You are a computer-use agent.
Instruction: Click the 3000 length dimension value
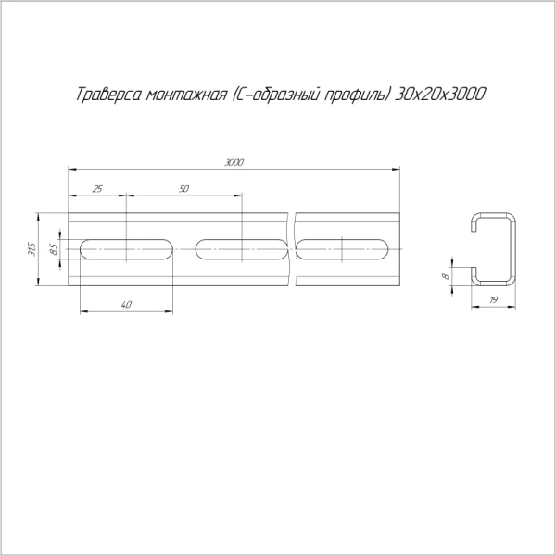pos(234,162)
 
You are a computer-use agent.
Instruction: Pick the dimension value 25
pos(97,189)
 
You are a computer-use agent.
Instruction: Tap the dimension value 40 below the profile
pos(126,304)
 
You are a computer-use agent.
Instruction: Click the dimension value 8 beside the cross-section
pos(446,276)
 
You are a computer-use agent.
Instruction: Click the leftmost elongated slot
pos(127,249)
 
